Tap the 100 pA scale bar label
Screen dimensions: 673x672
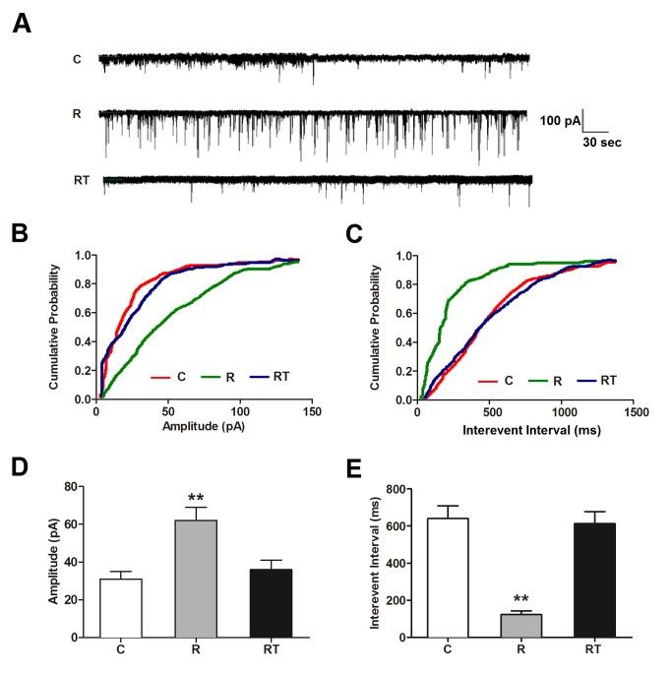tap(561, 121)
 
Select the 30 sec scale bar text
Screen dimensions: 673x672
tap(598, 142)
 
